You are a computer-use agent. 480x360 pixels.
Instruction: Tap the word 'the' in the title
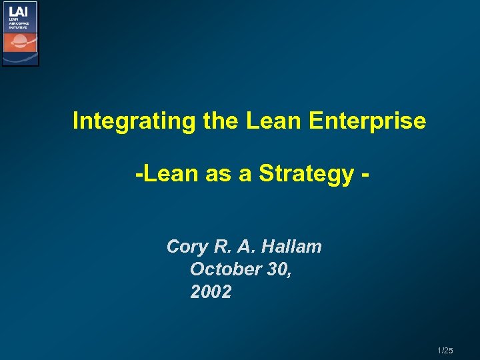(x=217, y=121)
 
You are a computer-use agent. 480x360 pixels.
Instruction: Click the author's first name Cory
(x=187, y=247)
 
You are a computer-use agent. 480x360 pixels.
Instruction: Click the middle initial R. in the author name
(x=223, y=247)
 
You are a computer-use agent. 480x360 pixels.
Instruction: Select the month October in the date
(x=225, y=269)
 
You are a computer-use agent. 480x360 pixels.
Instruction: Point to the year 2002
(x=211, y=292)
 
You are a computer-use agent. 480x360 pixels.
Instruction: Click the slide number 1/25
(x=445, y=351)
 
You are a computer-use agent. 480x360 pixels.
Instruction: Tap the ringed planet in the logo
(x=20, y=43)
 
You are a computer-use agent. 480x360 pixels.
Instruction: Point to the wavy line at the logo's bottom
(x=20, y=59)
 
